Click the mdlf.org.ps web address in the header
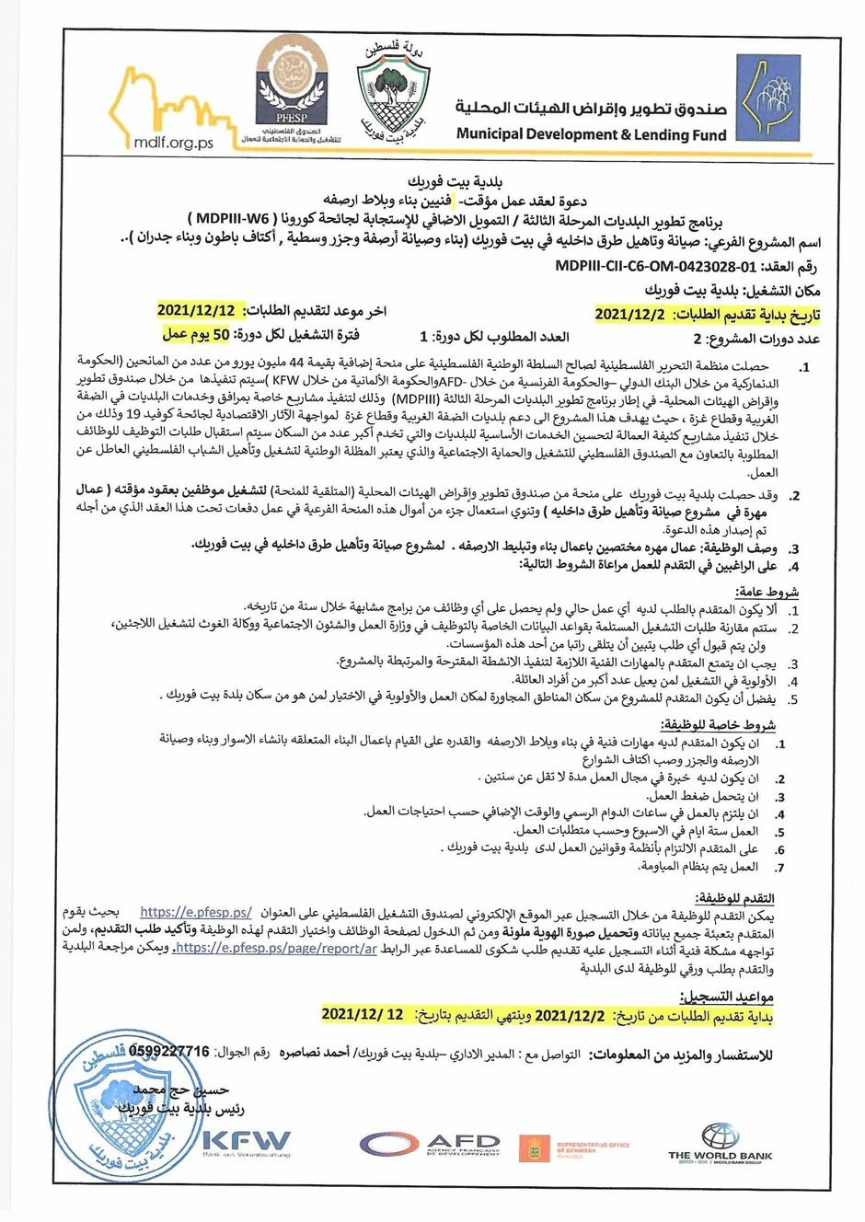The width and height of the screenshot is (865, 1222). click(173, 143)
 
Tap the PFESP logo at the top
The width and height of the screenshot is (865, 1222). click(290, 87)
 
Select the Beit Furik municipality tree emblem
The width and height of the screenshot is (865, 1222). click(393, 90)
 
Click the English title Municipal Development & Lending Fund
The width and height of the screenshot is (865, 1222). click(591, 134)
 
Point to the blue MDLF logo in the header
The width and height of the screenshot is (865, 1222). click(766, 98)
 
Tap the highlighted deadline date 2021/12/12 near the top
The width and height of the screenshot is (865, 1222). click(196, 310)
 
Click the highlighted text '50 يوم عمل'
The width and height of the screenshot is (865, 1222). click(196, 334)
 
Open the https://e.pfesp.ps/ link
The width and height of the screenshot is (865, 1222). click(196, 913)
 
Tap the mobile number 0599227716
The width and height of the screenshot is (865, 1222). click(169, 1051)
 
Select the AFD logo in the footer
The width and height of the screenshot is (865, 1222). click(431, 1145)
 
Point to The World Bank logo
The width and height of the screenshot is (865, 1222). click(720, 1144)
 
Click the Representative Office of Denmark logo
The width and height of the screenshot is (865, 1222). click(572, 1147)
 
